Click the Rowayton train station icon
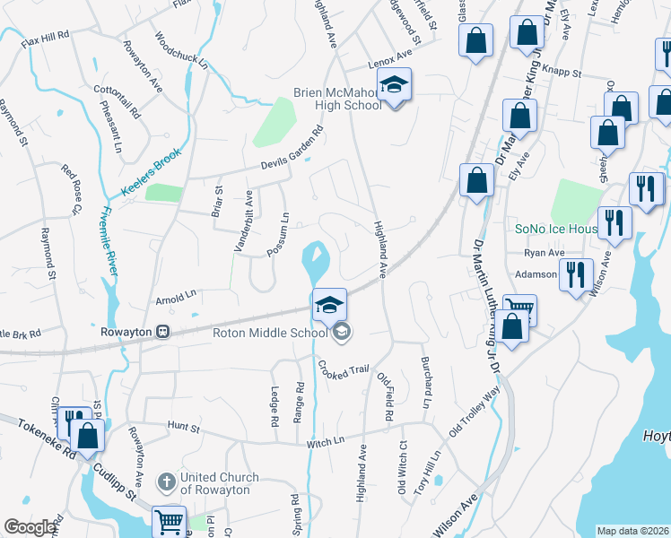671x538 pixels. coord(163,331)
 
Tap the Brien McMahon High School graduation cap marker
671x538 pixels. coord(393,86)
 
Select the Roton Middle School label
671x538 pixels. coord(269,333)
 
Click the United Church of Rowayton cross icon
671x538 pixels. coord(165,482)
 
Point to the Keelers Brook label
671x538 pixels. coord(152,171)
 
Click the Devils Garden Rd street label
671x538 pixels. coord(291,150)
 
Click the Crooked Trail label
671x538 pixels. coord(342,370)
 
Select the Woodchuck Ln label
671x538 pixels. coord(180,52)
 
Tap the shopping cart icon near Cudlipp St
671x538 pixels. coord(169,521)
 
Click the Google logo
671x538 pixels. coord(30,527)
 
